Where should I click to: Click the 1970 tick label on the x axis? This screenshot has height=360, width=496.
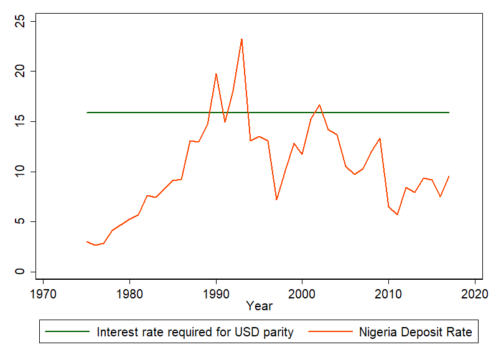tap(43, 292)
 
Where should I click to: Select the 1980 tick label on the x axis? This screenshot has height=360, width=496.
tap(129, 292)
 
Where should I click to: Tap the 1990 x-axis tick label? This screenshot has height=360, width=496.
tap(216, 292)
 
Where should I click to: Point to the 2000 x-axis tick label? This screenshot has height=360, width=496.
tap(302, 292)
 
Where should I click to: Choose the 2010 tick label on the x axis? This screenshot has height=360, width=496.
tap(388, 292)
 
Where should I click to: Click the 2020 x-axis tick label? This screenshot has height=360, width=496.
tap(475, 292)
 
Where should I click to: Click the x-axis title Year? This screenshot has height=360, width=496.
tap(258, 306)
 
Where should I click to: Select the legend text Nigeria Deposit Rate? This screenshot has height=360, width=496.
tap(416, 332)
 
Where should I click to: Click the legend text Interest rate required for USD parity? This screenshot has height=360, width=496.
tap(195, 332)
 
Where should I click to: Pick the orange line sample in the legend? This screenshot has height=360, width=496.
tap(330, 332)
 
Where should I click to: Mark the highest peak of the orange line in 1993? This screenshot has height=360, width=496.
tap(241, 39)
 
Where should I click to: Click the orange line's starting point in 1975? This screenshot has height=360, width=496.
tap(87, 241)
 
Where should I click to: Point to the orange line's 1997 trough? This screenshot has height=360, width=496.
tap(276, 200)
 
